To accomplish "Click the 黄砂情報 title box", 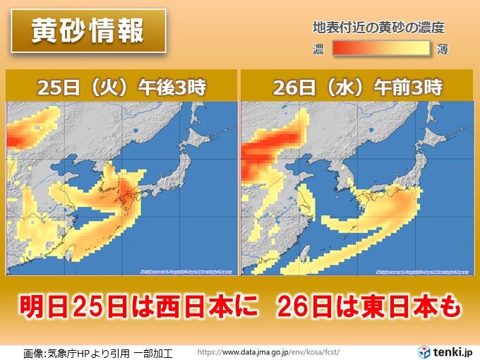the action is coord(88,32).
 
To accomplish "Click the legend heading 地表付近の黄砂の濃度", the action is coord(378,28).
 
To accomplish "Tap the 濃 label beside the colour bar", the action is coord(319,49).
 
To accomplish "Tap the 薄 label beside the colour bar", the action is coord(443,49).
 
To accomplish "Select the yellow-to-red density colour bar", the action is coord(381,49).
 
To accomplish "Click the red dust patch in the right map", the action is coord(272,145).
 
